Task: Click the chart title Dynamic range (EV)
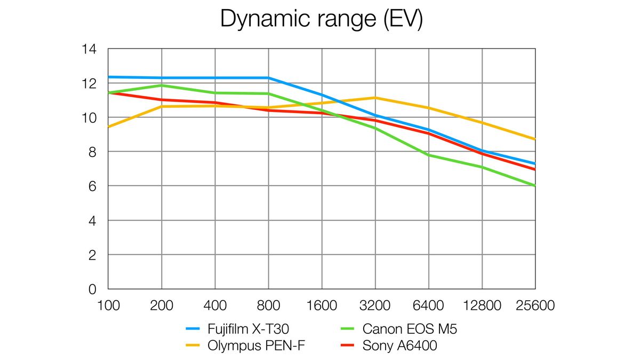[x=321, y=20]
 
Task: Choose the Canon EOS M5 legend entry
[x=409, y=329]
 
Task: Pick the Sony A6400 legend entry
[x=399, y=346]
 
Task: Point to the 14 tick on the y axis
[x=89, y=49]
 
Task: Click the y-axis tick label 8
[x=92, y=152]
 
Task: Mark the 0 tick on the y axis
[x=92, y=290]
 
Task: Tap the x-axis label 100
[x=108, y=306]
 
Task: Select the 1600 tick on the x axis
[x=322, y=306]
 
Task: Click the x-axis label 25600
[x=535, y=306]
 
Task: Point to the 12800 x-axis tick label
[x=482, y=306]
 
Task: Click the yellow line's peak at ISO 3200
[x=375, y=98]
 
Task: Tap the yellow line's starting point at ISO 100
[x=109, y=127]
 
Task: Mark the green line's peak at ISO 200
[x=162, y=85]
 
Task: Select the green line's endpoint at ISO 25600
[x=535, y=186]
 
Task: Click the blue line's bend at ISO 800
[x=268, y=78]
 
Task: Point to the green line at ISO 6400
[x=428, y=155]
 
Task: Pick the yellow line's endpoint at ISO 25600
[x=535, y=139]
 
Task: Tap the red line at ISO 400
[x=215, y=103]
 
